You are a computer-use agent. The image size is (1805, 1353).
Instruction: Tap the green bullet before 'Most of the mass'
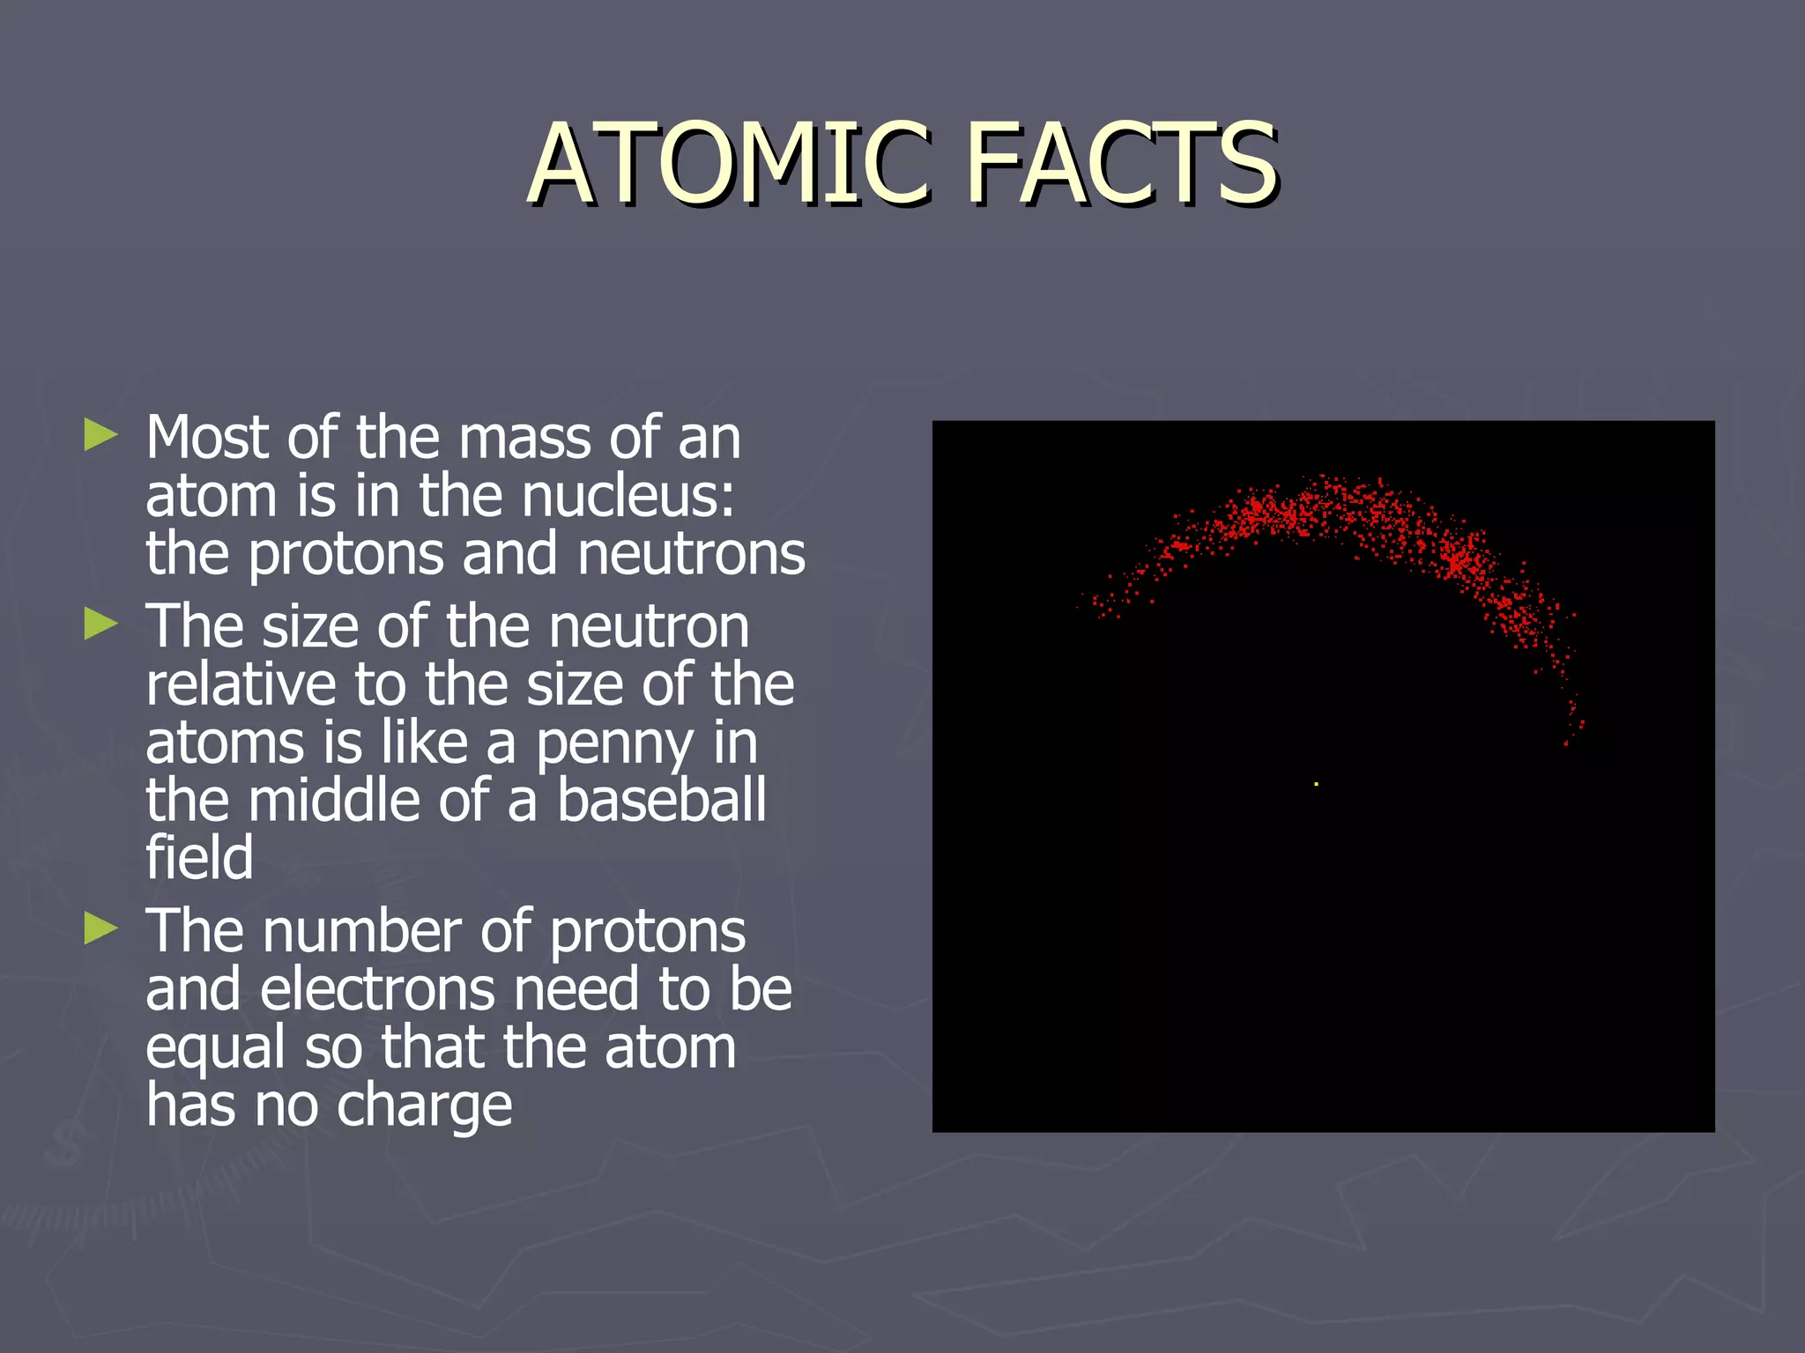click(x=100, y=435)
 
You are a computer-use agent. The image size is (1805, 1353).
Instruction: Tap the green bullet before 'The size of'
click(x=100, y=625)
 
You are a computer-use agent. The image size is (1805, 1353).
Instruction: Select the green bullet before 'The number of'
click(x=100, y=928)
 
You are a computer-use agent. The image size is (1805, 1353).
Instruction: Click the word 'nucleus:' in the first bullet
click(x=628, y=496)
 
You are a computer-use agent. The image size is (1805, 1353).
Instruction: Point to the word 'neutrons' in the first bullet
click(x=691, y=555)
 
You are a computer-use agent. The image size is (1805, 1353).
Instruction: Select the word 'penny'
click(x=614, y=745)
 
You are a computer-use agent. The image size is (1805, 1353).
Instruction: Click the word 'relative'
click(x=241, y=684)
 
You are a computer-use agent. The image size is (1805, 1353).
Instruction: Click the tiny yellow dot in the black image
click(x=1316, y=784)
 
